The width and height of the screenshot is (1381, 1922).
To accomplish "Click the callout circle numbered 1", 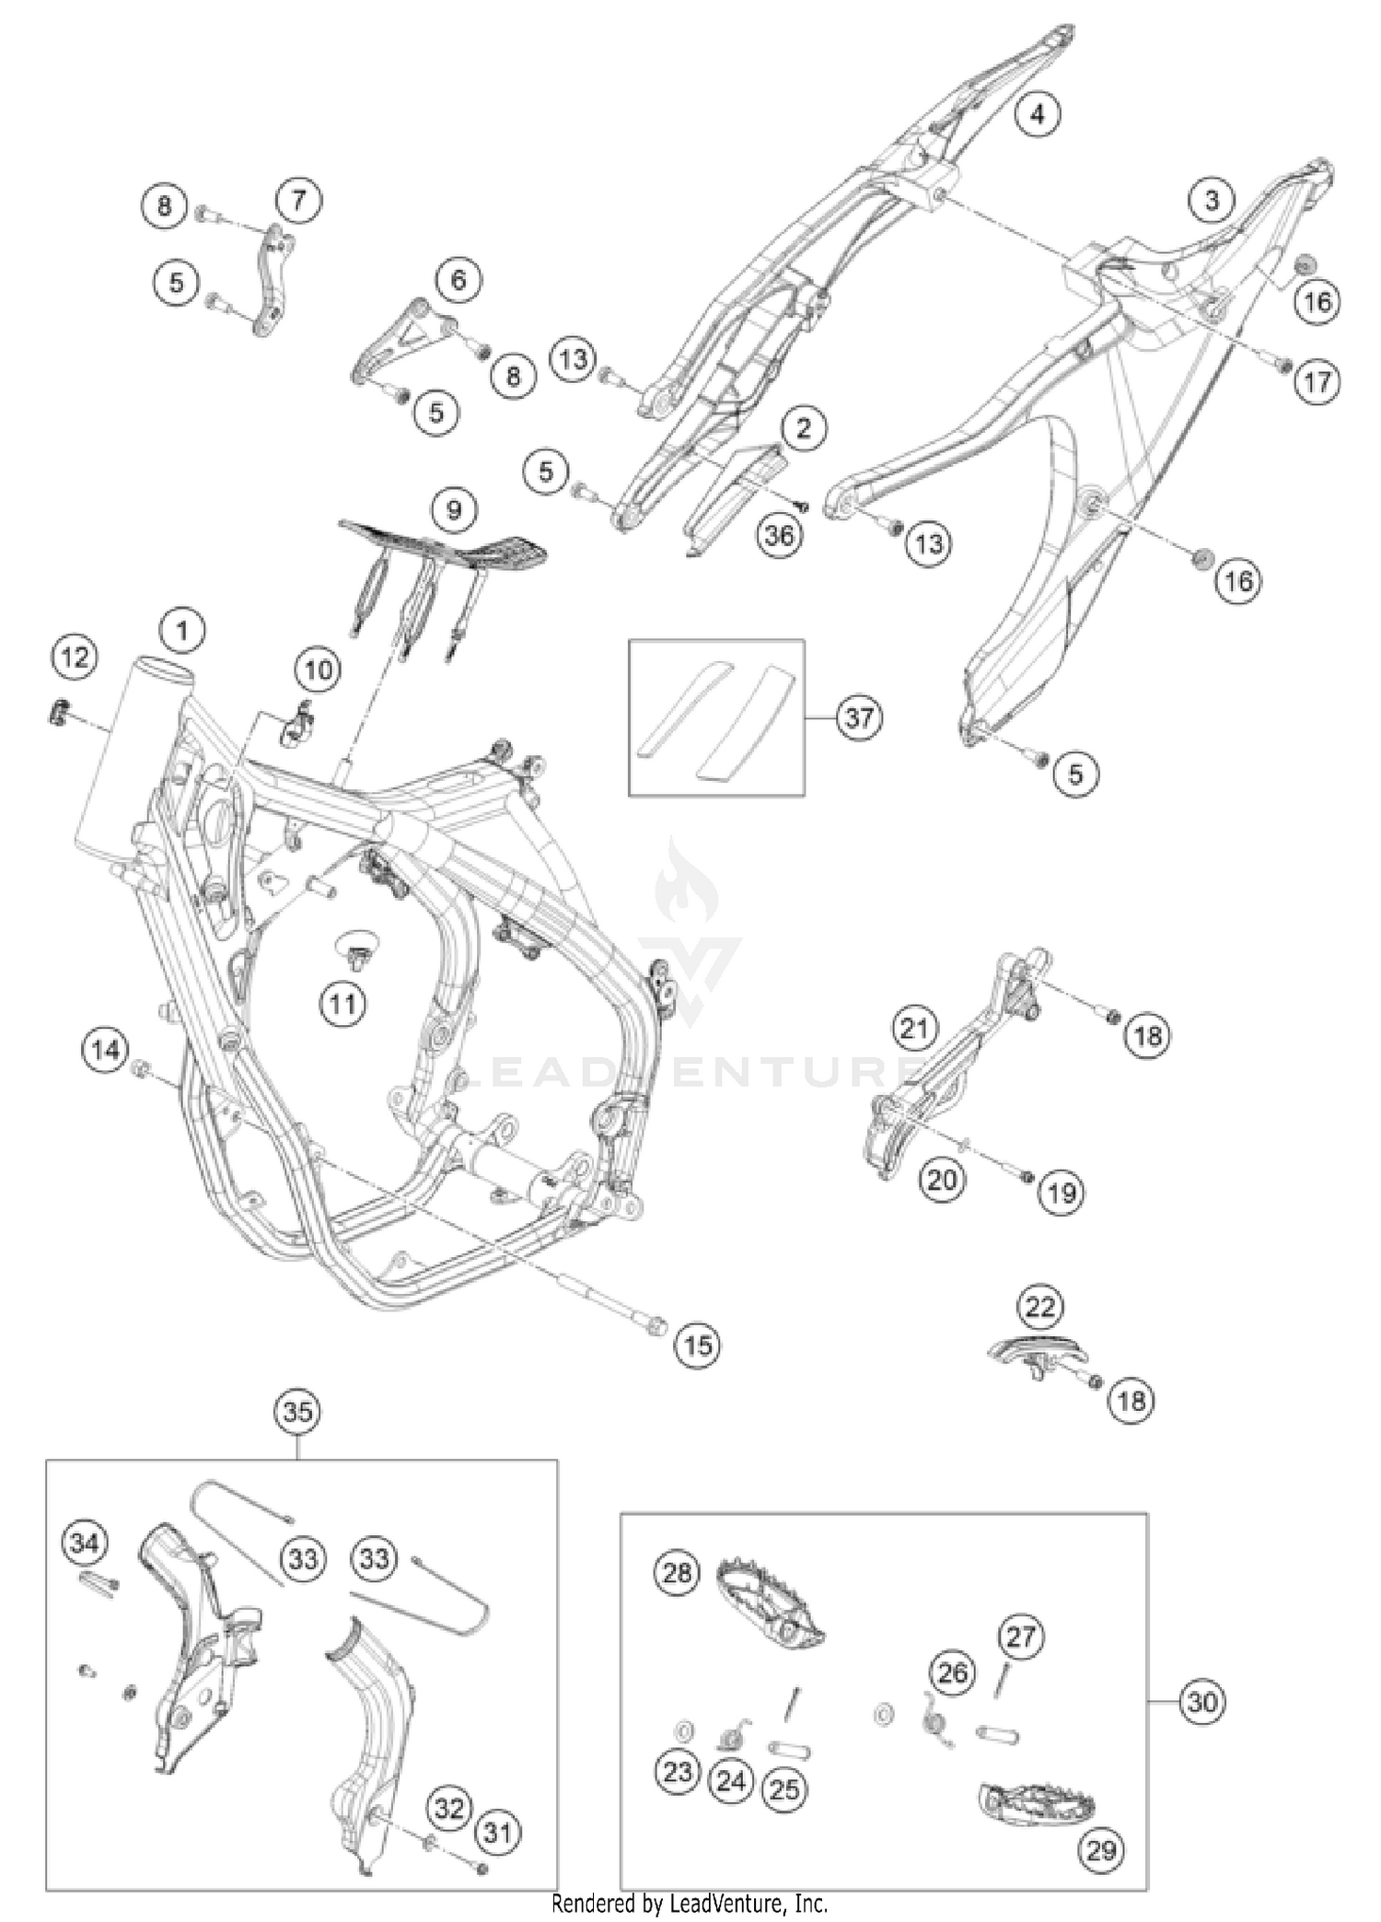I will point(181,631).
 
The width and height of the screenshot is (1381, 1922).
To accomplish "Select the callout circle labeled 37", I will point(858,716).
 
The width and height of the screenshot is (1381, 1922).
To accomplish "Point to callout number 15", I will point(697,1345).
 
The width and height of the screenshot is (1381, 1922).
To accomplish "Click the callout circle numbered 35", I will point(297,1411).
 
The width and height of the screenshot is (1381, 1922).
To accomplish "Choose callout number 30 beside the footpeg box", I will point(1201,1702).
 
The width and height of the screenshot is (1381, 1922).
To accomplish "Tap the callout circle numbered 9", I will point(453,509).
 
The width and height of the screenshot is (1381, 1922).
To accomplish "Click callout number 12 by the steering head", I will point(75,658).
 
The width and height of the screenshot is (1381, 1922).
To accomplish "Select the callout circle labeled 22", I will point(1039,1306).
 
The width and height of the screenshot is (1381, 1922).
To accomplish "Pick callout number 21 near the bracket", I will point(914,1027).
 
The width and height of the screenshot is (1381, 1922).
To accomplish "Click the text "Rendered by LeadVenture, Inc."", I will point(690,1903).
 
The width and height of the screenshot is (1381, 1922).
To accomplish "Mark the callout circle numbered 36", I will point(779,534).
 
